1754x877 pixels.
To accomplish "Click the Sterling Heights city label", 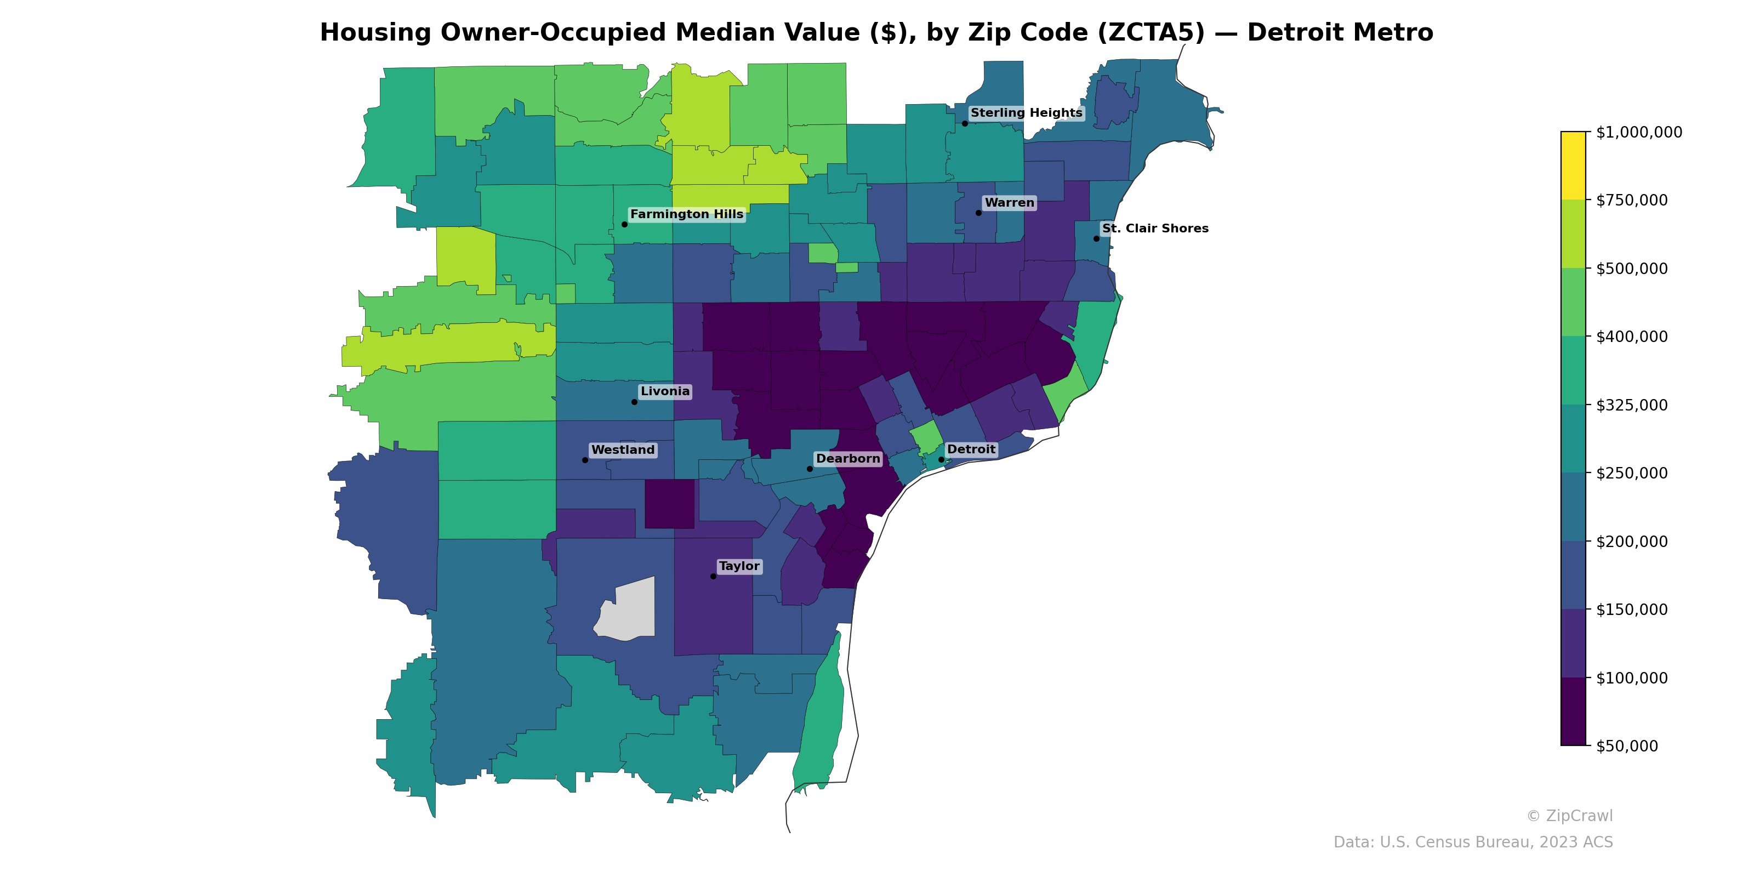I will pos(1026,113).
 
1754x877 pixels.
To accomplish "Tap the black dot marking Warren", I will pos(978,213).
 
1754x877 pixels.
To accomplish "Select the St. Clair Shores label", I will pos(1155,229).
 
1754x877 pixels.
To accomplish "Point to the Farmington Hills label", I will pos(686,214).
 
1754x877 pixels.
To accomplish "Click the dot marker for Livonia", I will pos(634,402).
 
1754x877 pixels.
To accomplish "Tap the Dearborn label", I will pos(848,459).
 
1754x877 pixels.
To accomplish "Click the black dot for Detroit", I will pos(941,460).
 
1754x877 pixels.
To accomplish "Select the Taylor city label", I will pos(739,567).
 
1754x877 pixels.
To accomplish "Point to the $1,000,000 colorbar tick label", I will pos(1638,132).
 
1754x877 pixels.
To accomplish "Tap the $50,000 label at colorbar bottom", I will pos(1627,746).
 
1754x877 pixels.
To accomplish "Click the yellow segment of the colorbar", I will pos(1573,166).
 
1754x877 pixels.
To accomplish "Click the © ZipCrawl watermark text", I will pos(1569,816).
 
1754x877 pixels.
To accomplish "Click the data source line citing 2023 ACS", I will pos(1472,842).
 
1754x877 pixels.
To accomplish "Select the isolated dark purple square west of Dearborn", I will pos(669,504).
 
